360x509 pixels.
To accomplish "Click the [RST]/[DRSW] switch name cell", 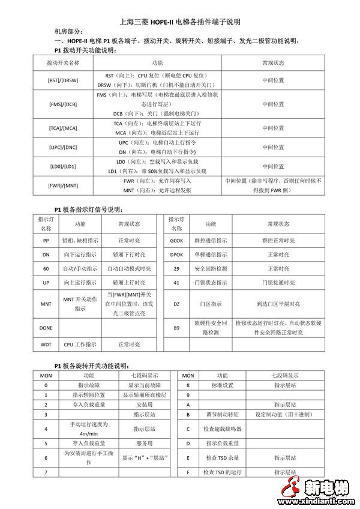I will (x=63, y=80).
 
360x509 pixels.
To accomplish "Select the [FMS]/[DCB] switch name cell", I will (x=63, y=104).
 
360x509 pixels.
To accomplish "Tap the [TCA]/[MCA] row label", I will (x=63, y=128).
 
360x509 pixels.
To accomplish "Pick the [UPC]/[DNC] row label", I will (x=63, y=147).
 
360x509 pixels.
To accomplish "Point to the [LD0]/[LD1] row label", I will (x=63, y=166).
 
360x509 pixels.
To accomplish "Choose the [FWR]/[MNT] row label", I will (x=63, y=185).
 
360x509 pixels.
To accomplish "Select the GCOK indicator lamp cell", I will (x=176, y=240).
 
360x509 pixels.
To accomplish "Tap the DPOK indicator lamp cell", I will (x=176, y=254).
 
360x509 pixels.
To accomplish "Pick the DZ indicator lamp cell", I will (x=176, y=304).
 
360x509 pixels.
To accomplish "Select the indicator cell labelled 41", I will (x=176, y=282).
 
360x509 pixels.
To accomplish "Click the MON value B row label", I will (x=188, y=415).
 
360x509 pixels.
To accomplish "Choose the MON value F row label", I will (x=188, y=472).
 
